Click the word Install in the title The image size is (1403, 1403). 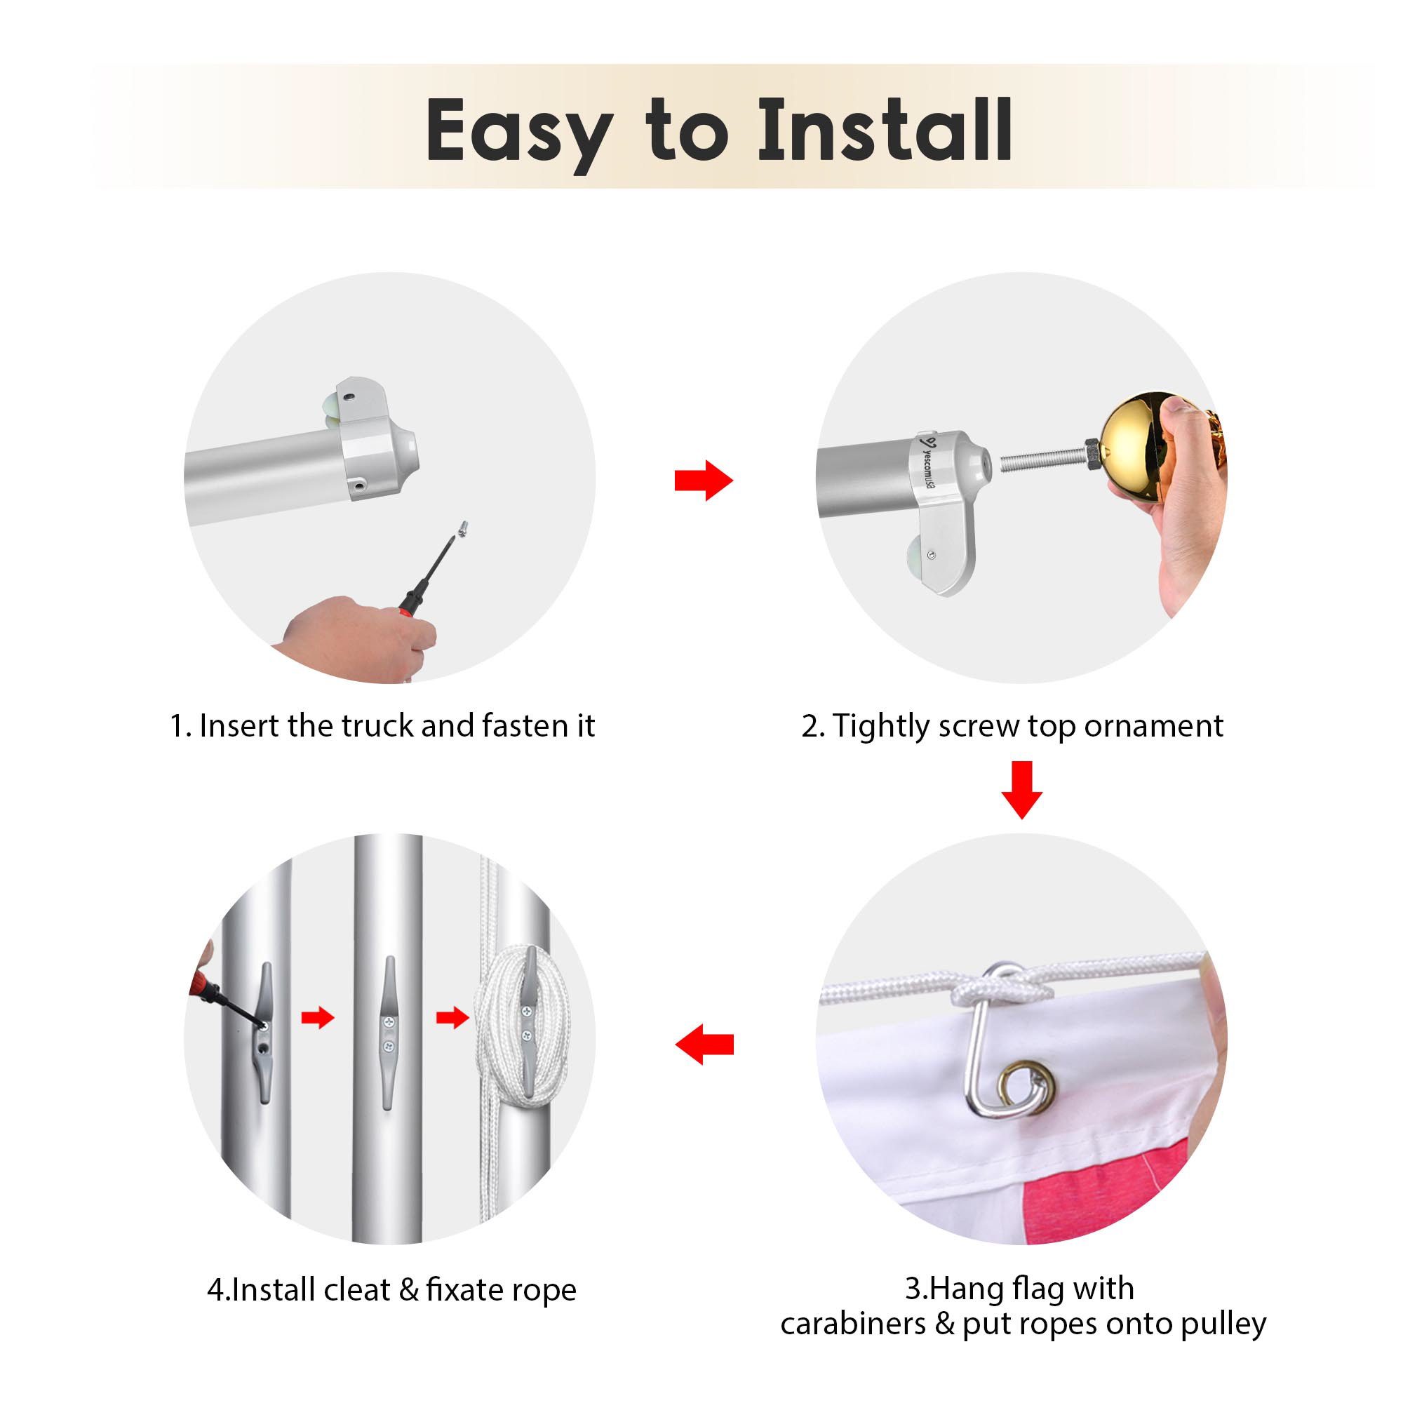click(x=885, y=130)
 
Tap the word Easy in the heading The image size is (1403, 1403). click(x=518, y=135)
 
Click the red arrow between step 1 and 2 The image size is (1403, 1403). click(x=704, y=480)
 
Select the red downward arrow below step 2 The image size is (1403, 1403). click(x=1021, y=790)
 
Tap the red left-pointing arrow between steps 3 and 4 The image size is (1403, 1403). click(x=704, y=1045)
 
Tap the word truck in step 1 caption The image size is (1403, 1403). click(x=377, y=725)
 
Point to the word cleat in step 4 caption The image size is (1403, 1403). click(x=356, y=1290)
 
